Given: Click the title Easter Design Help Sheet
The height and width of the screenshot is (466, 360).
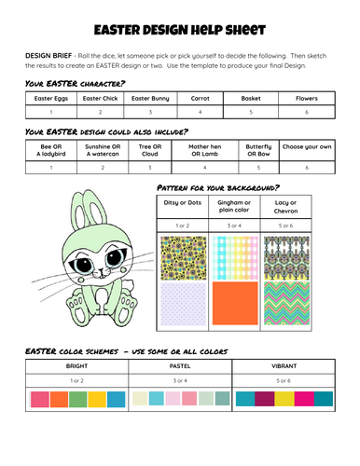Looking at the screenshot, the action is pyautogui.click(x=180, y=31).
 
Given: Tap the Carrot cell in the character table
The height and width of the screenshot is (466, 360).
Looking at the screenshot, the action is pyautogui.click(x=200, y=97).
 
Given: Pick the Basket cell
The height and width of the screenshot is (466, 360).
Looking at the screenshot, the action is pyautogui.click(x=250, y=97).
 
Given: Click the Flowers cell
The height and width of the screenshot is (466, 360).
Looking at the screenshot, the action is pyautogui.click(x=307, y=97).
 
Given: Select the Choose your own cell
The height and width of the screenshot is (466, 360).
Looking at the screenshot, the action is pyautogui.click(x=307, y=147).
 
